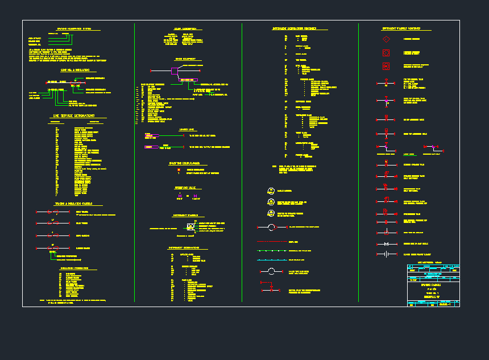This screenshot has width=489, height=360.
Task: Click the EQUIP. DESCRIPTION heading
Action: coord(185,28)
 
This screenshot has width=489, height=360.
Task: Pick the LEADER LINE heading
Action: coord(187,130)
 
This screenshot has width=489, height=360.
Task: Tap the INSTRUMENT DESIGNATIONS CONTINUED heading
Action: coord(295,28)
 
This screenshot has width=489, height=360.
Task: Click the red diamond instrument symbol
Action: coord(386,39)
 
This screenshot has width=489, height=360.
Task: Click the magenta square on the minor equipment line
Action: coord(174,71)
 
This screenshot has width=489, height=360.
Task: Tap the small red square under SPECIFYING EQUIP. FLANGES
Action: coord(179,169)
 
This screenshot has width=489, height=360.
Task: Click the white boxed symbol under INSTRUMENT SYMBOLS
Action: coord(190,226)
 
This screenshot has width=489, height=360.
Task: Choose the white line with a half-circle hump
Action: coord(271,271)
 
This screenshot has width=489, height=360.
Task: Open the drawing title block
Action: coord(433,286)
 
